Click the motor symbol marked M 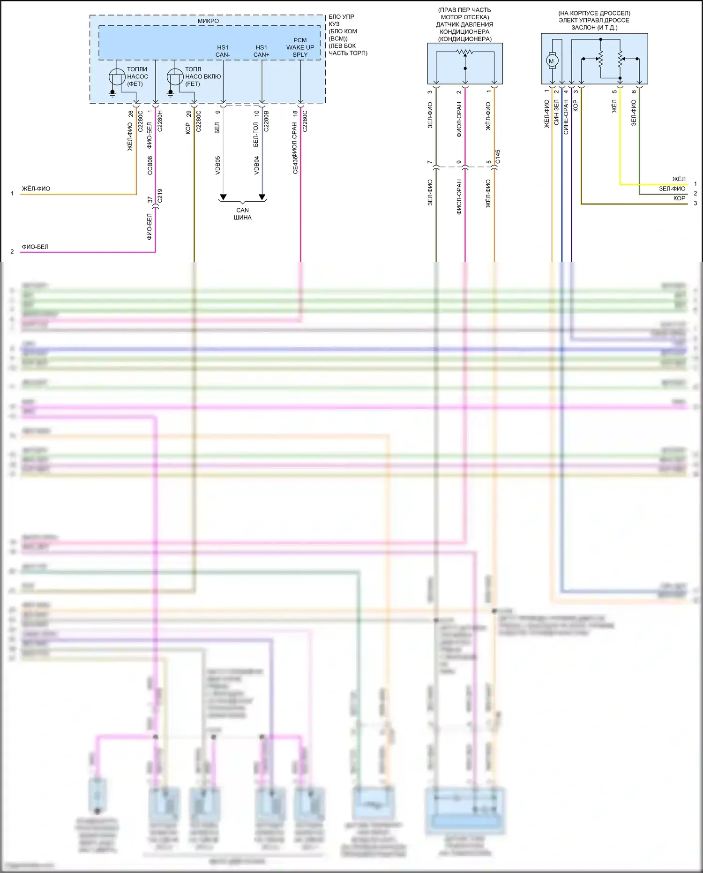pos(551,61)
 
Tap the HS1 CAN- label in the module pos(223,51)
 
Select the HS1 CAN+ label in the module pos(262,51)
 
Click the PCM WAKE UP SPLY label pos(300,47)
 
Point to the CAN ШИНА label pos(243,214)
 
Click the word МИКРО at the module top pos(208,21)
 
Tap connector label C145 pos(498,157)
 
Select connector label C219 pos(160,196)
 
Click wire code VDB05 pos(218,166)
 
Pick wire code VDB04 pos(257,166)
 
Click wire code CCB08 pos(150,166)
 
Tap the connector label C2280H pos(160,121)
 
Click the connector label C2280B pos(266,121)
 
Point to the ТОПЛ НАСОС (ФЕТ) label pos(137,76)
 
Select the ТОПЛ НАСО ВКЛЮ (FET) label pos(202,76)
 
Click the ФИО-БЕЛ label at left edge pos(35,247)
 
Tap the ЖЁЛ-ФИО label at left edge pos(36,189)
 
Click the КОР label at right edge pos(679,198)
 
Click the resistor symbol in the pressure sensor pos(465,52)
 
